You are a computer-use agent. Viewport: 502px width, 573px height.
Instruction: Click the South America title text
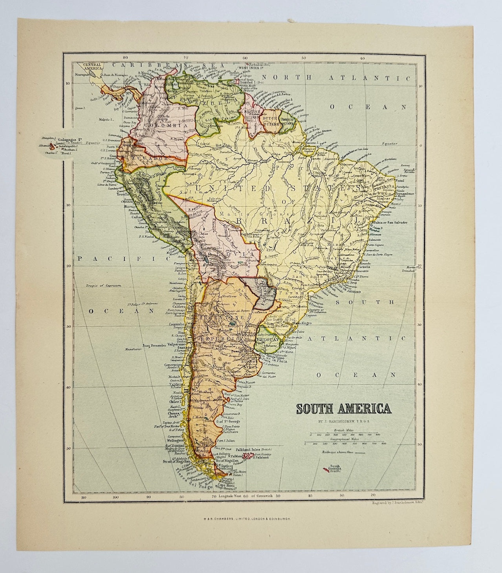[344, 409]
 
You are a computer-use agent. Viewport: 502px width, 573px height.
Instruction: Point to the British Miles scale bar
[344, 434]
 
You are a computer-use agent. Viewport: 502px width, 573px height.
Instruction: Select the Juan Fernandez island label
[154, 346]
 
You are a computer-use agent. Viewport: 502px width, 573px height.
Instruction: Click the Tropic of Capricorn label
[103, 286]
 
